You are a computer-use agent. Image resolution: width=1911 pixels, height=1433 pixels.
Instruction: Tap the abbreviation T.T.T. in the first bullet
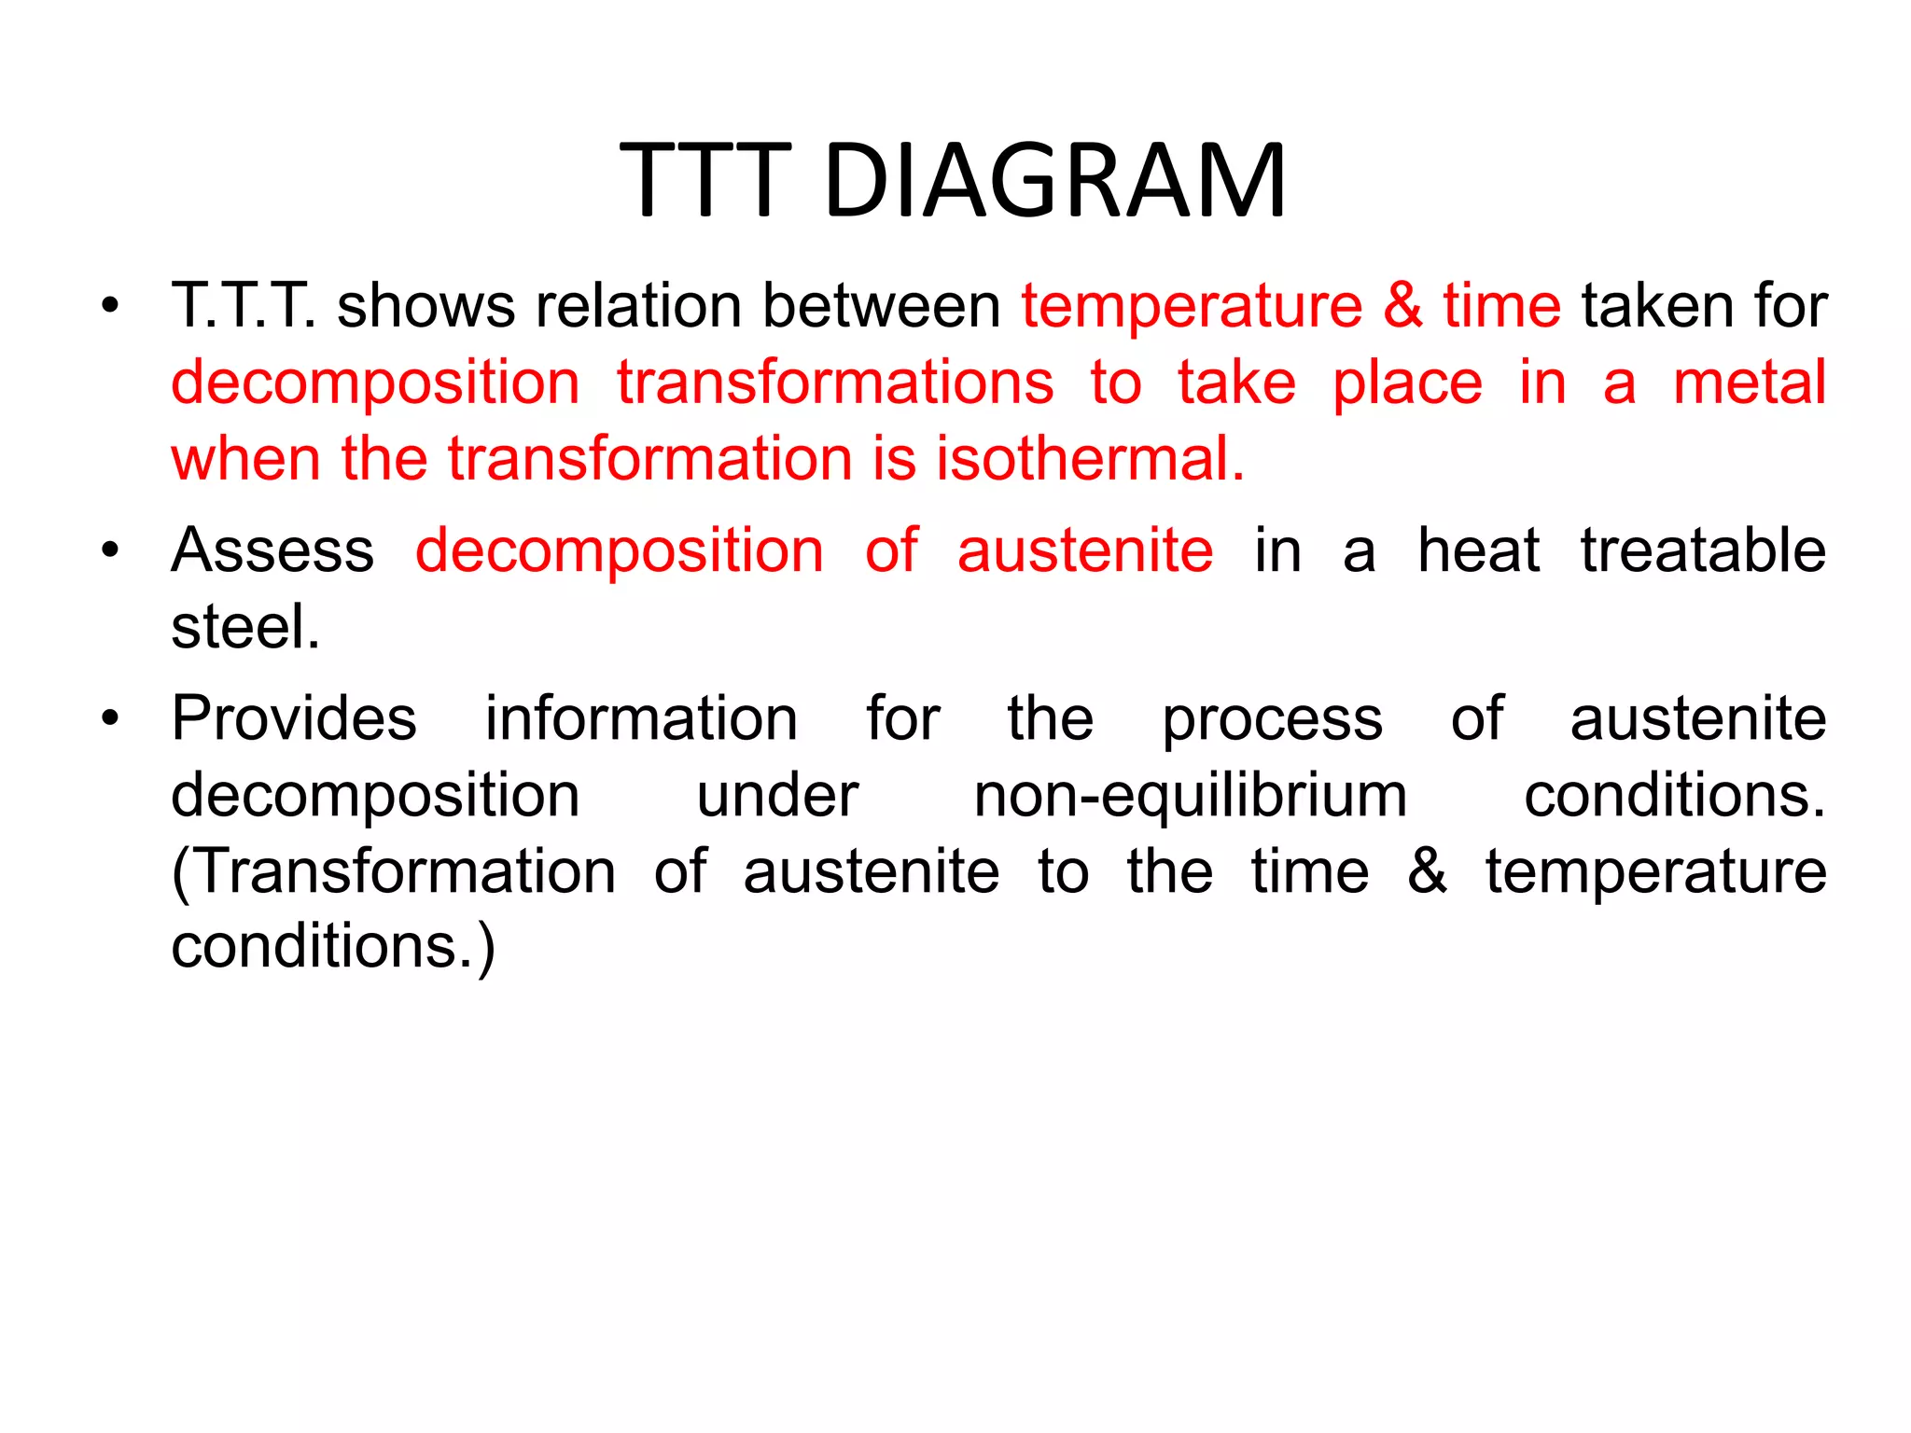243,306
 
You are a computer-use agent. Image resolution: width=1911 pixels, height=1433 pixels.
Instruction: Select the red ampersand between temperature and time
1402,306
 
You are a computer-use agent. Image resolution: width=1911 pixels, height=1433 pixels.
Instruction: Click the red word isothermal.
1090,459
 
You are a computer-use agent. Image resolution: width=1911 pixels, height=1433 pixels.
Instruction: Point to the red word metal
1749,383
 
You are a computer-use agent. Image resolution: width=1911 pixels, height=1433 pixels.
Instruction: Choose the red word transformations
834,383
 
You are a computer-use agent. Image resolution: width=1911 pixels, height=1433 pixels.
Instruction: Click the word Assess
272,550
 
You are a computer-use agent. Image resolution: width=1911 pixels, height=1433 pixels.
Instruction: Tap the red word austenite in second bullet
1085,550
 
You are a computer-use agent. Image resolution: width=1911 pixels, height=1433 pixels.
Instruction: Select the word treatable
1703,550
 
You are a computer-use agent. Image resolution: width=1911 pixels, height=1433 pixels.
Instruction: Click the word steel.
244,626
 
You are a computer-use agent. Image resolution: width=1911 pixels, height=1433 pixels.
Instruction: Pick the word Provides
294,719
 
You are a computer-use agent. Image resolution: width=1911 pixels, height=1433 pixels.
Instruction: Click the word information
641,719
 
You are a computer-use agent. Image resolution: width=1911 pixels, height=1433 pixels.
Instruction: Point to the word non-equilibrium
1190,796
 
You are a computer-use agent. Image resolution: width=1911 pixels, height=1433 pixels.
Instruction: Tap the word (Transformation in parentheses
393,871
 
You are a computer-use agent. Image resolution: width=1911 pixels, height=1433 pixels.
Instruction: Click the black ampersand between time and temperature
1427,871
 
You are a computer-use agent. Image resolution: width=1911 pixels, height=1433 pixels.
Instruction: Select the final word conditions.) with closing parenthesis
332,948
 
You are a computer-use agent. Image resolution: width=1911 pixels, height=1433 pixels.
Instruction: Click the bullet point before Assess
110,550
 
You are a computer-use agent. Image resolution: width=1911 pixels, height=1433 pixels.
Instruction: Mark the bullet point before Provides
110,719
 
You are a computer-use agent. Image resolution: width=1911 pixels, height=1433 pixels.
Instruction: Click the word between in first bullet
881,306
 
